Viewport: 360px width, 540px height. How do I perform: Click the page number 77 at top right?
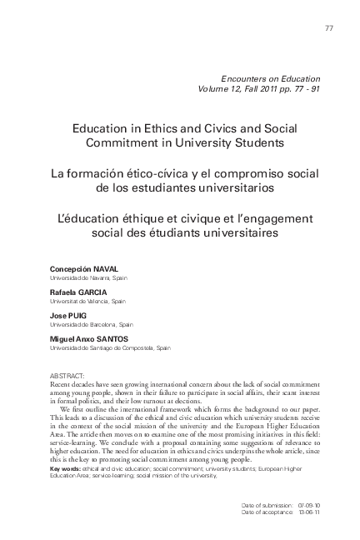coord(328,29)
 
